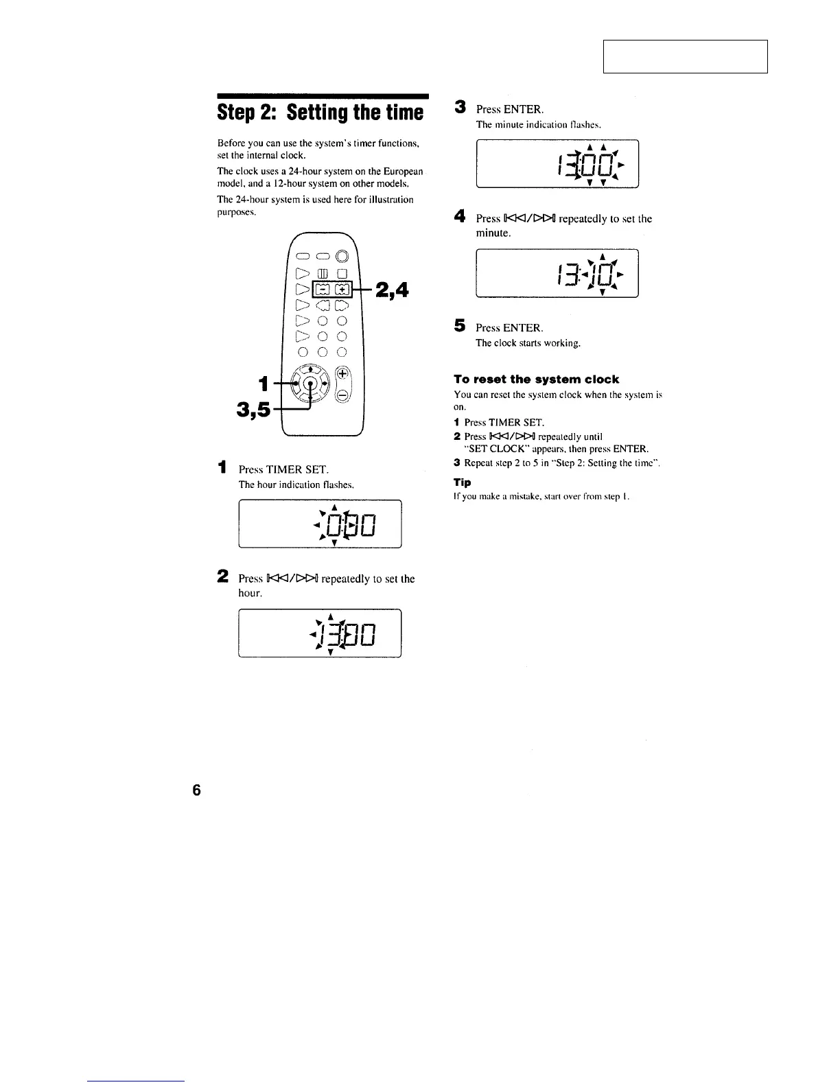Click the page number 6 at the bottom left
(197, 790)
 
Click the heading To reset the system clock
(536, 379)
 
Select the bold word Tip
(462, 482)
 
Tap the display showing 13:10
(557, 273)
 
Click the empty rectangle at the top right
(685, 56)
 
